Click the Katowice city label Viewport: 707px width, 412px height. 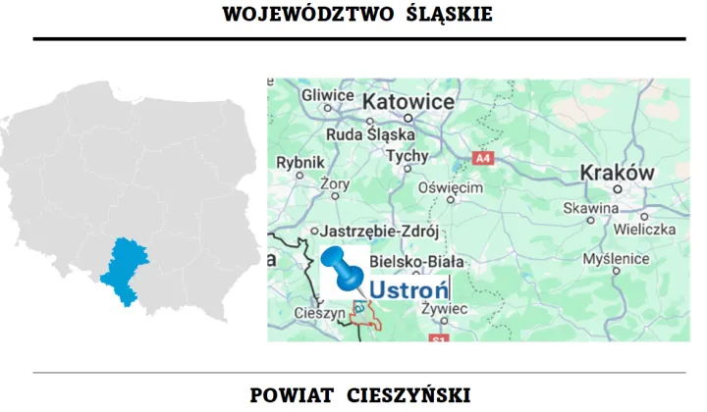pos(408,103)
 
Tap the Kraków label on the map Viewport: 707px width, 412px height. pos(618,172)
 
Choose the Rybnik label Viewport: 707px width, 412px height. pos(300,163)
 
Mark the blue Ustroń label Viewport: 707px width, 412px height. pos(408,289)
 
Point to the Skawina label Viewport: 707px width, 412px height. pos(590,208)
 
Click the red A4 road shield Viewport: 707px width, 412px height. pos(482,157)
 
